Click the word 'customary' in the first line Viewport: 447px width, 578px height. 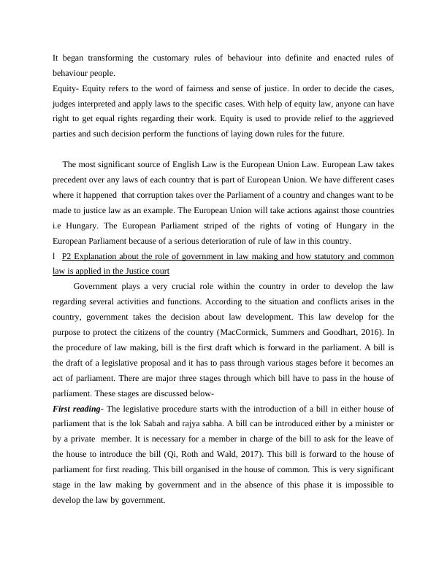[x=187, y=58]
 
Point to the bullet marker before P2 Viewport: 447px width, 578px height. [x=55, y=257]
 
